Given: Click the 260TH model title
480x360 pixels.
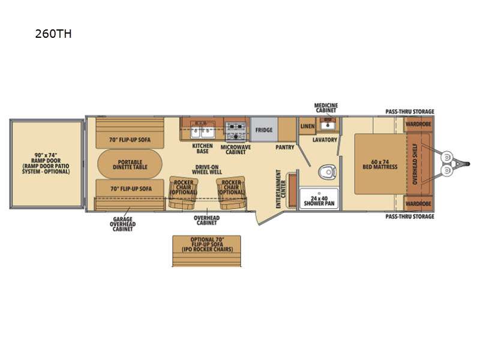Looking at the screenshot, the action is (53, 34).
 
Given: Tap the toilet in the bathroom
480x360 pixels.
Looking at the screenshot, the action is (327, 172).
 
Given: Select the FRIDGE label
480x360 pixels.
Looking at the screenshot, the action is (264, 130).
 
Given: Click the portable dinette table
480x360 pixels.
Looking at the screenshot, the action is (130, 164).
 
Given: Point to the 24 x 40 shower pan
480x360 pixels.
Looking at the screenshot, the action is (319, 199).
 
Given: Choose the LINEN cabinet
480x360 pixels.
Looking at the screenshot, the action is (307, 126).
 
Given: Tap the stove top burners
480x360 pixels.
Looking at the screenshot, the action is (235, 131).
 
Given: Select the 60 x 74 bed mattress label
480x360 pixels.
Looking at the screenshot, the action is (380, 164).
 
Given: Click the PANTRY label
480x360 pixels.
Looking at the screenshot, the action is (284, 147).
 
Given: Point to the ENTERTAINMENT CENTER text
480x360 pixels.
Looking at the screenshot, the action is (281, 189).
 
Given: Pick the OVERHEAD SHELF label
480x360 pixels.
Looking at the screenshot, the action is (415, 164).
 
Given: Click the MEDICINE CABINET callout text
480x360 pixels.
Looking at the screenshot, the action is (326, 108).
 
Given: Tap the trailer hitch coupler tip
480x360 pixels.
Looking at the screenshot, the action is (468, 164).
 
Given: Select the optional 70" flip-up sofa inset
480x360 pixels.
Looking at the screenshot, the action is (206, 251).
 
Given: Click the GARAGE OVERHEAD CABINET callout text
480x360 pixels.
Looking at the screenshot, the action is (122, 224).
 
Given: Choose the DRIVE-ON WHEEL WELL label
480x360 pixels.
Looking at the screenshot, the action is (206, 170).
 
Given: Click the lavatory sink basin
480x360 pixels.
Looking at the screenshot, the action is (328, 125).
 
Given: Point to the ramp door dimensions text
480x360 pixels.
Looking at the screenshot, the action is (46, 163).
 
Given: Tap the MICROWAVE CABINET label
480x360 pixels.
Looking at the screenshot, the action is (236, 149).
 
